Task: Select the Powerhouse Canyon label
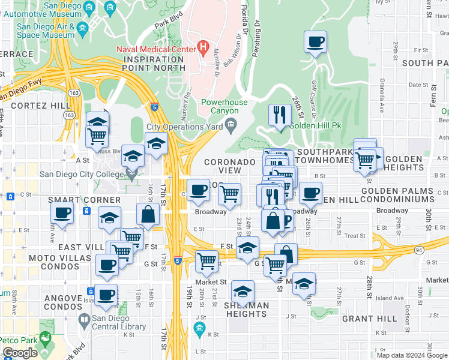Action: tap(224, 107)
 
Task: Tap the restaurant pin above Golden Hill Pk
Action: tap(279, 115)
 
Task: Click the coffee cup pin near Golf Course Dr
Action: tap(315, 42)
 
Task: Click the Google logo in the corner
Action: tap(20, 353)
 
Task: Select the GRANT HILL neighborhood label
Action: tap(367, 319)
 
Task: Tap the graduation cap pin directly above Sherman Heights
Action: tap(242, 292)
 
